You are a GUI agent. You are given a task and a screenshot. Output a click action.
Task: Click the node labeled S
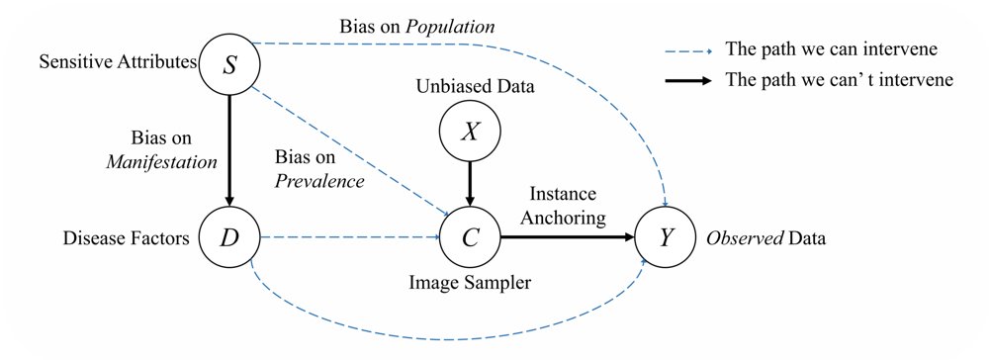click(x=229, y=65)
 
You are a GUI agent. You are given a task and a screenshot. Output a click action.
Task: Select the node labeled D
click(x=229, y=237)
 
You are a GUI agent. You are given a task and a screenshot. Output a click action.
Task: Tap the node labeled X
click(x=469, y=134)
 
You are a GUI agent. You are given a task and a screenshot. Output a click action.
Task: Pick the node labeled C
click(x=469, y=237)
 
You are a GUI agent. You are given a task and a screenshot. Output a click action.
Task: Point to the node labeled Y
click(x=665, y=237)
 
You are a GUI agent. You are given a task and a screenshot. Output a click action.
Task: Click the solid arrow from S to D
click(x=229, y=151)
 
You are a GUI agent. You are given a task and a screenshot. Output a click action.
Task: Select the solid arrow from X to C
click(x=469, y=185)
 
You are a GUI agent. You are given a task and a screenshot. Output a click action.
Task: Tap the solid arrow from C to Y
click(x=567, y=237)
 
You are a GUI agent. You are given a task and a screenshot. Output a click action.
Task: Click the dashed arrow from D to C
click(x=349, y=237)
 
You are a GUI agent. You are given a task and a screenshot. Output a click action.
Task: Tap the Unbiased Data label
click(x=475, y=86)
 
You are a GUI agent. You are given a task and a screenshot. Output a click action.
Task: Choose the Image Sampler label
click(x=470, y=284)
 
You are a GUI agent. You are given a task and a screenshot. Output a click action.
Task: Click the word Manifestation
click(x=161, y=162)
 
